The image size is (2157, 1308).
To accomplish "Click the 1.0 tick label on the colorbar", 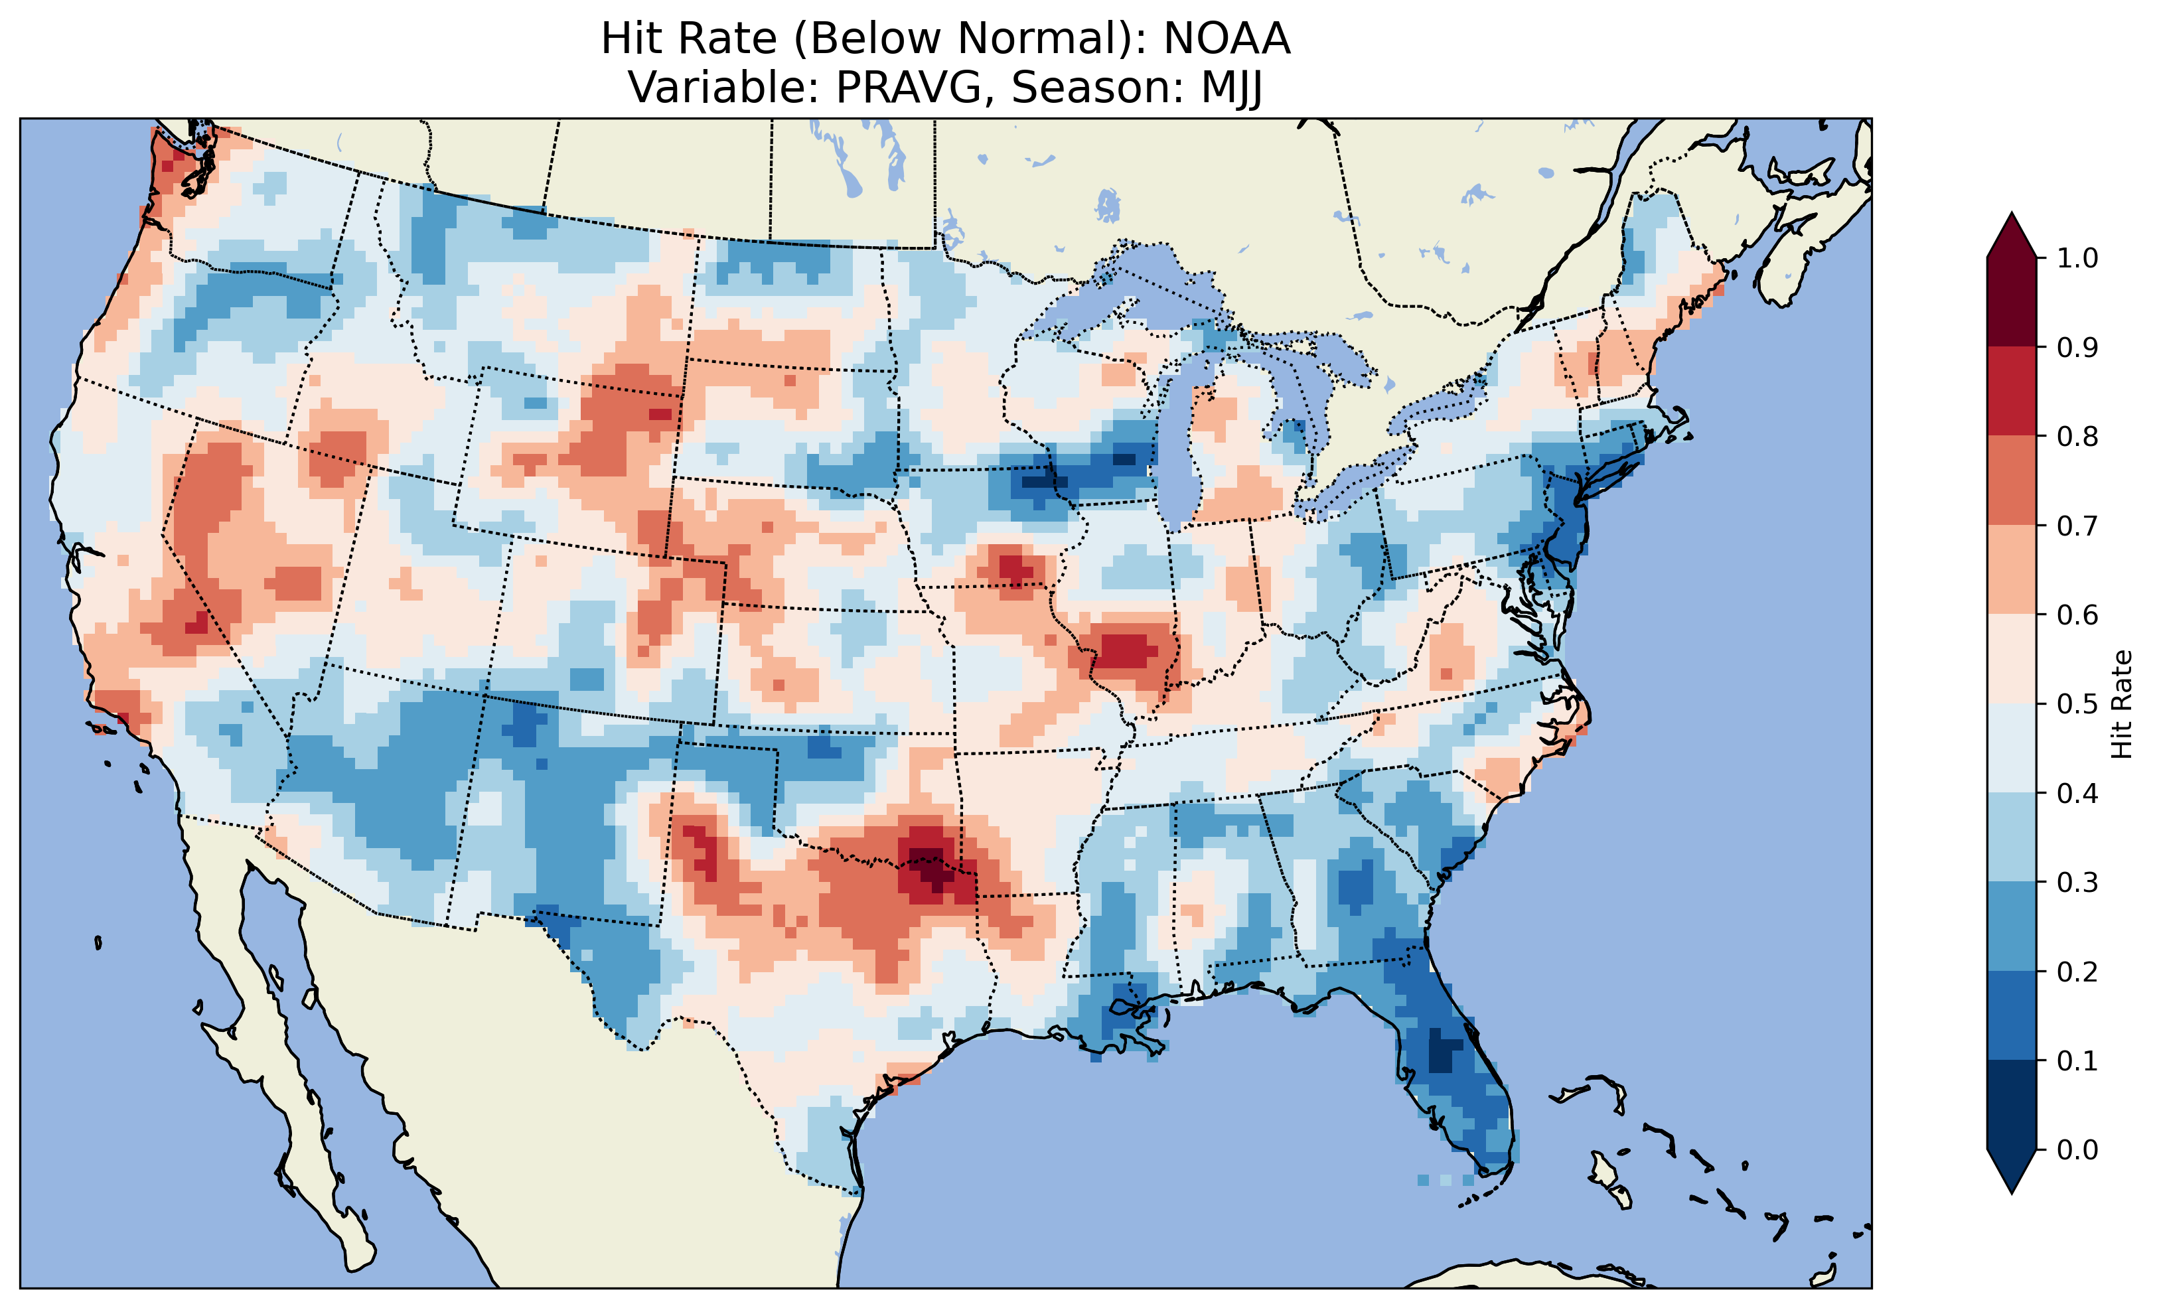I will click(2077, 258).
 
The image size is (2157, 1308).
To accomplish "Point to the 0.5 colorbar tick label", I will click(2077, 704).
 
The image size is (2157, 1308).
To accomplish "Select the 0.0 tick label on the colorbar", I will click(2077, 1149).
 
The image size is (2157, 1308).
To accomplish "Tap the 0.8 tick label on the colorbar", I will click(2077, 437).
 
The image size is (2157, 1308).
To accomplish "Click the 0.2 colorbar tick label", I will click(2077, 972).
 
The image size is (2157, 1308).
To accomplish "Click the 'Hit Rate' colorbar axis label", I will click(2122, 704).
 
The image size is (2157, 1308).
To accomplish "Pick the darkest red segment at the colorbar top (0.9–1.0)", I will click(2012, 302).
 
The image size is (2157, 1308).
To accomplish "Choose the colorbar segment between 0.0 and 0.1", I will click(2012, 1105).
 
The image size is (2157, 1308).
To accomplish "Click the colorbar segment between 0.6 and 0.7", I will click(2012, 570).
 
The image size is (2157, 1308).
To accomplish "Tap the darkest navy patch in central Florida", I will click(1444, 1051).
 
